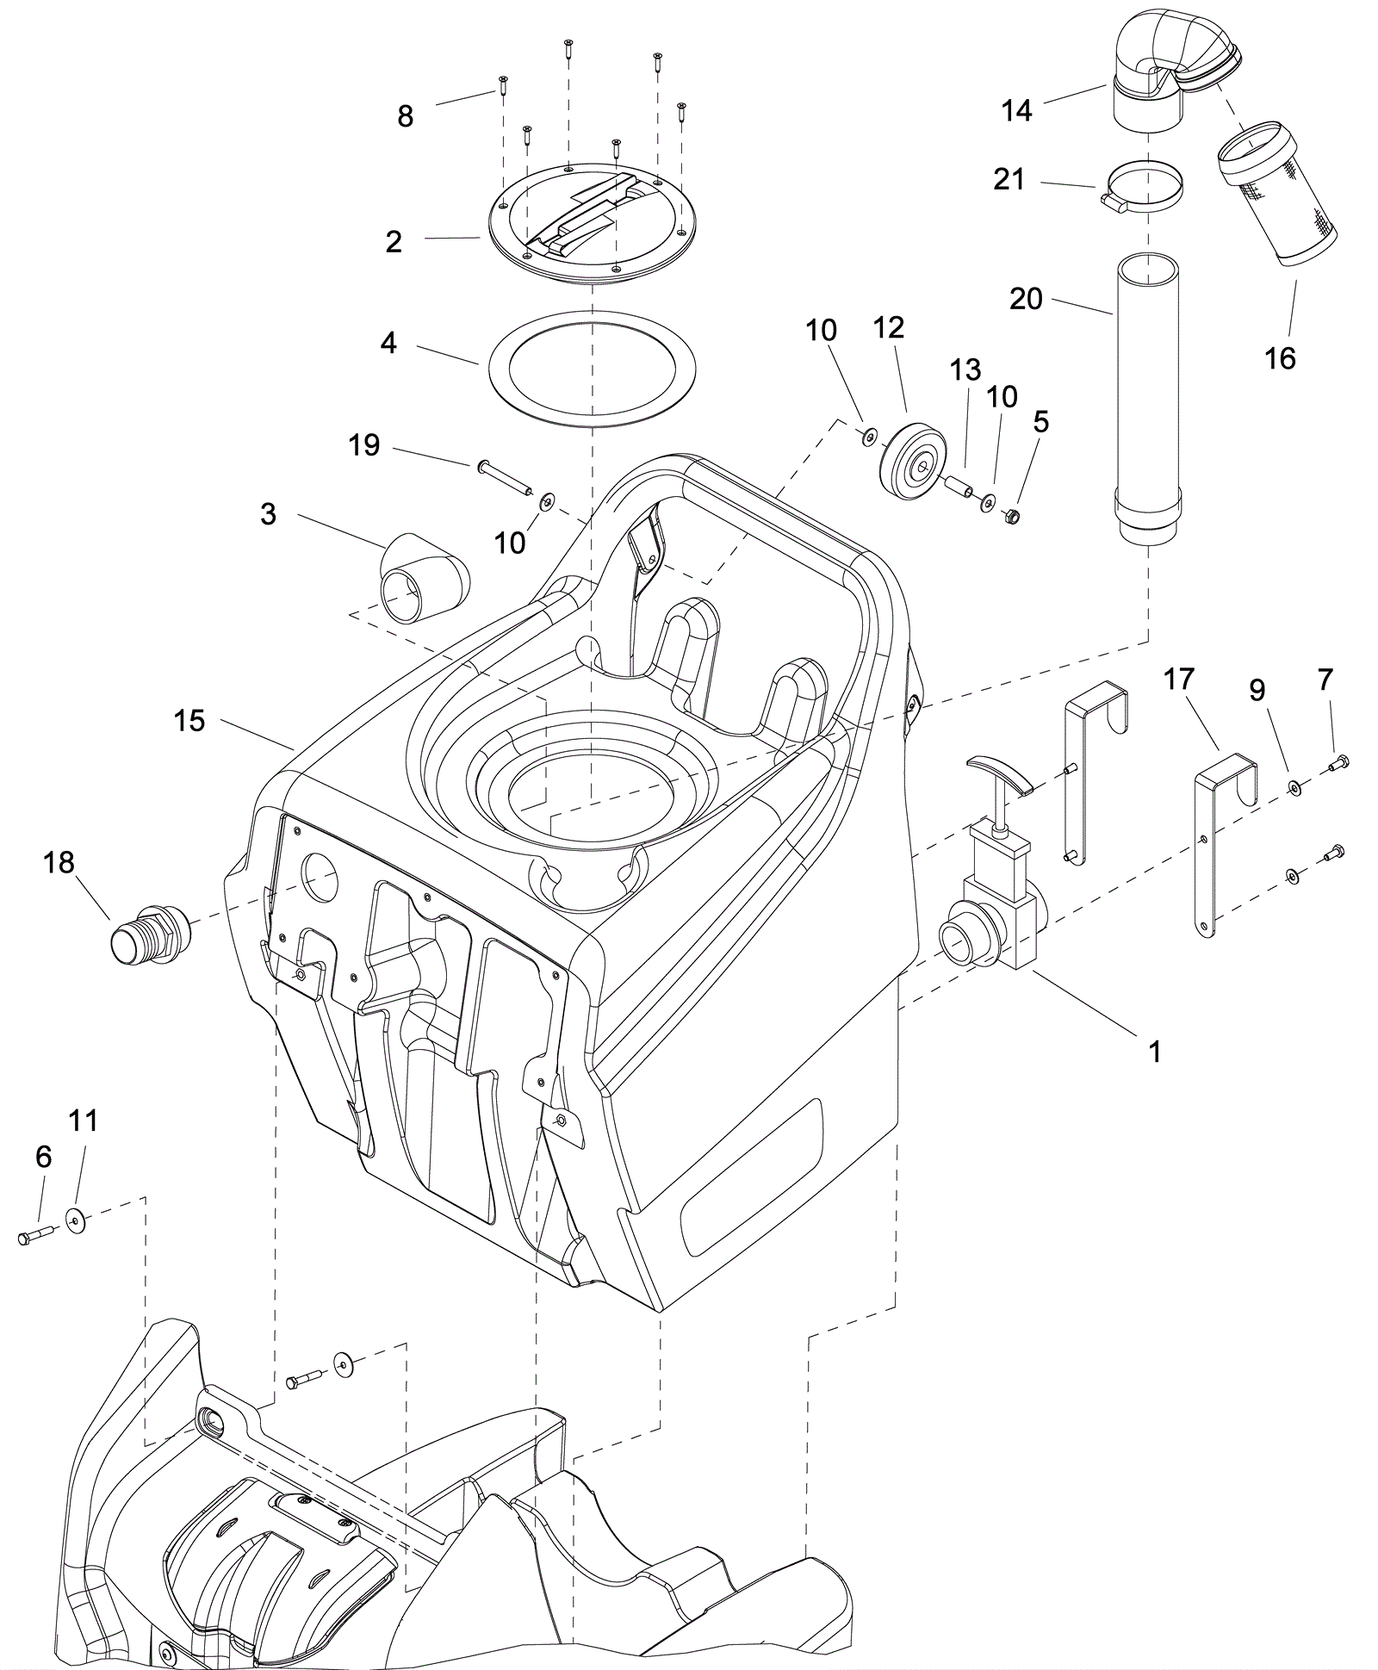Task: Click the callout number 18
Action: click(x=59, y=862)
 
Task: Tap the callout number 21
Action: click(x=1009, y=179)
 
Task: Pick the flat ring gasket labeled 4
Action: click(x=592, y=368)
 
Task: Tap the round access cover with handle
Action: click(x=592, y=220)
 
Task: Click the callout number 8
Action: click(x=406, y=116)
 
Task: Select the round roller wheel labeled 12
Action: click(x=913, y=461)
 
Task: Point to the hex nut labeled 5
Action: click(x=1014, y=517)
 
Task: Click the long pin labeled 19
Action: click(x=503, y=478)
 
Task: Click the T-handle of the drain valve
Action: click(x=998, y=771)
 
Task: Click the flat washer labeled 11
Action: click(x=78, y=1218)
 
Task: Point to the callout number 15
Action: click(x=189, y=720)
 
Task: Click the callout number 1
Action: click(x=1155, y=1051)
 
